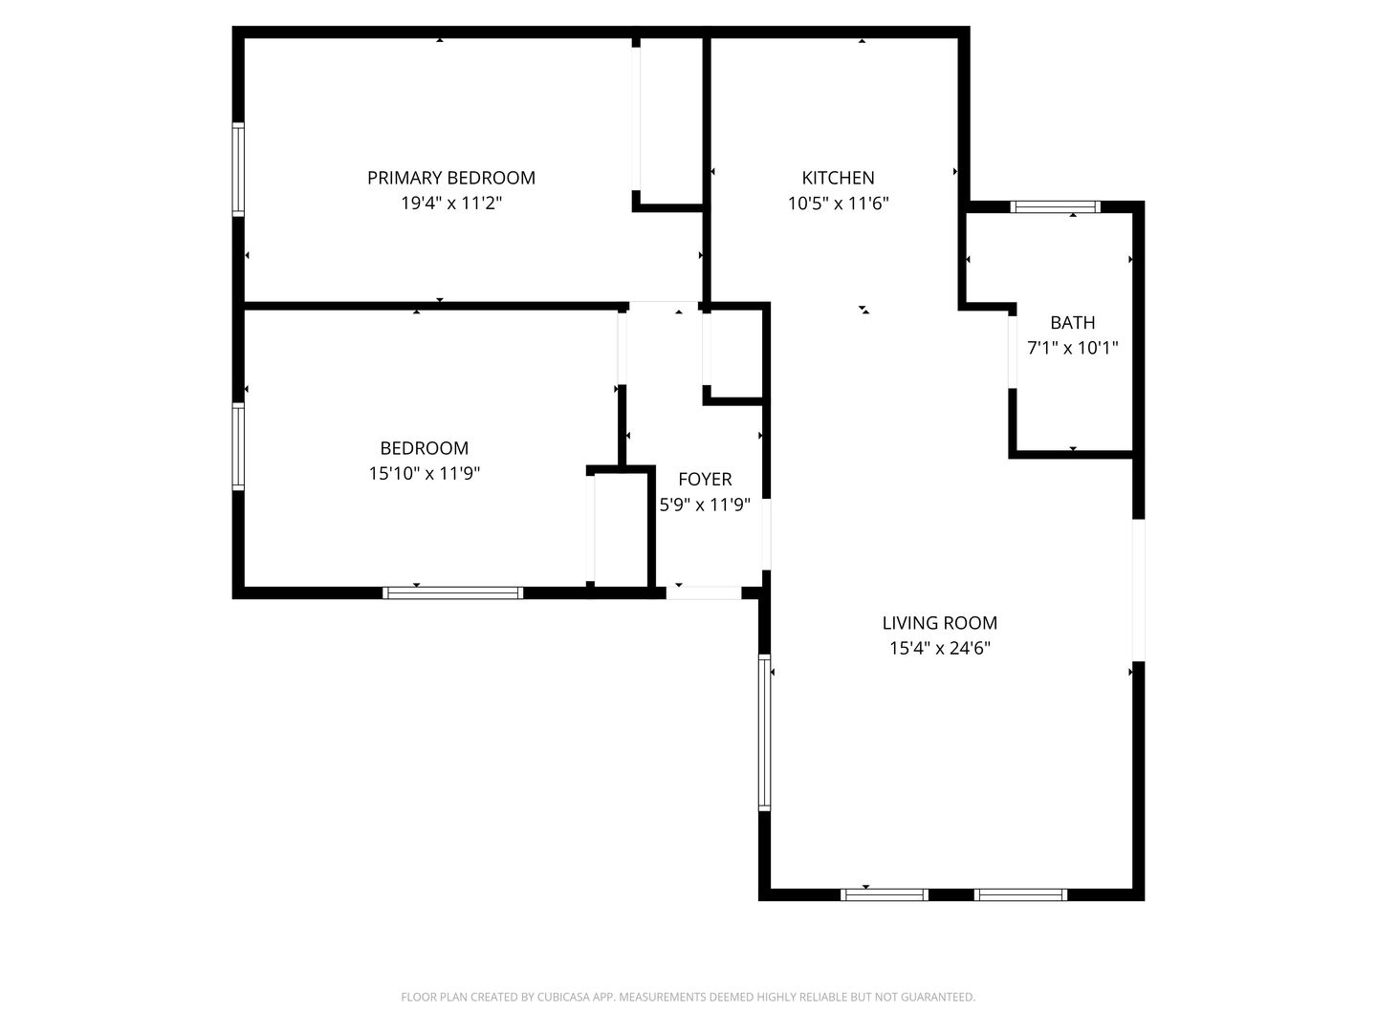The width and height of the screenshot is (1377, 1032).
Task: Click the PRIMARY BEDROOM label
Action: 451,178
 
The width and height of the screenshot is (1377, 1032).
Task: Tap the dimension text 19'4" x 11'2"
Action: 451,203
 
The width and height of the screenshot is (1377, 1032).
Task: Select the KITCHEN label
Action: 838,178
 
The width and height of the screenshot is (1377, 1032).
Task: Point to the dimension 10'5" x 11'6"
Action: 838,203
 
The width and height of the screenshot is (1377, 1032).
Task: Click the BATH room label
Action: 1072,323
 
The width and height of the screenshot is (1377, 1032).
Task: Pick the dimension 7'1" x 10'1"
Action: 1072,349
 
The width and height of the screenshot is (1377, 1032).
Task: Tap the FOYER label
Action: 705,480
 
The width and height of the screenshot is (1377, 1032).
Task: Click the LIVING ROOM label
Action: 939,623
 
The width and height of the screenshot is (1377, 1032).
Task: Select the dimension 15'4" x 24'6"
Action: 939,649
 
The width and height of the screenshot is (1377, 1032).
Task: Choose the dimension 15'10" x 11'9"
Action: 425,473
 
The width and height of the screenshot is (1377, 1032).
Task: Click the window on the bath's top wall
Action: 1056,206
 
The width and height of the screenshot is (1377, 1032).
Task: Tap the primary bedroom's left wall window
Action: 238,169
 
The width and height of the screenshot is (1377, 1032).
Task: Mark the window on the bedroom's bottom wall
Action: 452,592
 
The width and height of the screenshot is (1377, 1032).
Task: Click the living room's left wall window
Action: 764,732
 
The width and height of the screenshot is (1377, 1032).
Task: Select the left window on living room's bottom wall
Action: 884,894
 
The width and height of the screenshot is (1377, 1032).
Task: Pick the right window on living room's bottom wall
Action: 1020,894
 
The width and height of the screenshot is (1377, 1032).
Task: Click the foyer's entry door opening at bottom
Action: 703,592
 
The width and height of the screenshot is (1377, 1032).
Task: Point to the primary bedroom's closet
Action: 670,119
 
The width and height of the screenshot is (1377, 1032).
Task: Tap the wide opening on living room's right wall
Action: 1138,590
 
